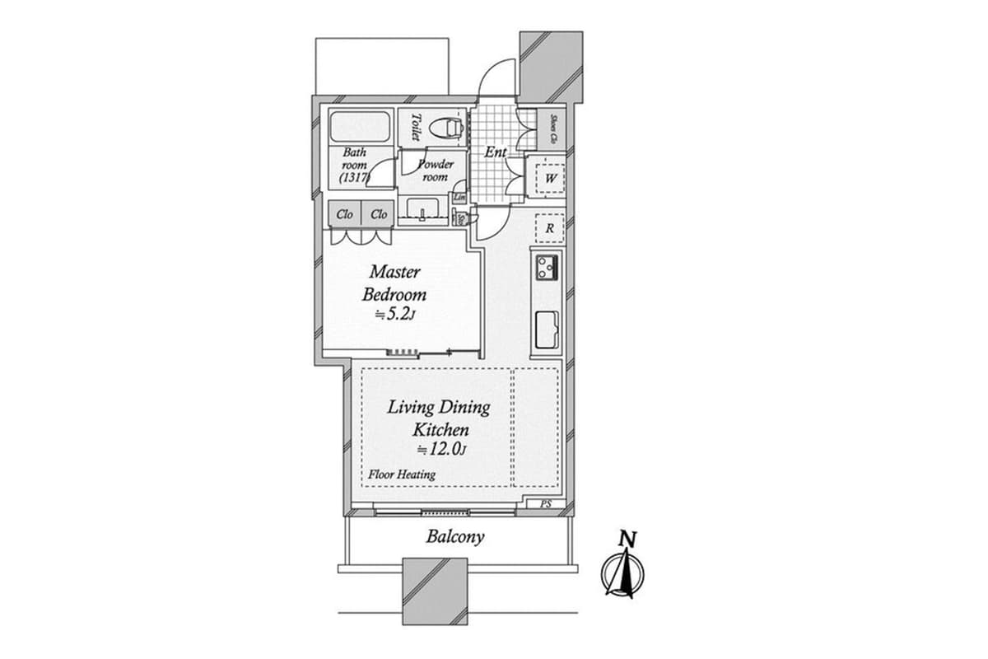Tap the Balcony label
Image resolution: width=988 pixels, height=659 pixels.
[454, 537]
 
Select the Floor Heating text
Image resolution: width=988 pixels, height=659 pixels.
[402, 474]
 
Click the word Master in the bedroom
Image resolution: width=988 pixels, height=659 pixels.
[395, 271]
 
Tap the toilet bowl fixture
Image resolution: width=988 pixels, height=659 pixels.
[448, 129]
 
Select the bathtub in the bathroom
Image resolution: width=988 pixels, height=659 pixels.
[359, 128]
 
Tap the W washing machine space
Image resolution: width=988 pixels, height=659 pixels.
[550, 177]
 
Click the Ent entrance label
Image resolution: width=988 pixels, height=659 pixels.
[495, 152]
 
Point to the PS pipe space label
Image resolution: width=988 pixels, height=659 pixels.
[545, 503]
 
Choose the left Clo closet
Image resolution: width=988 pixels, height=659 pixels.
[345, 214]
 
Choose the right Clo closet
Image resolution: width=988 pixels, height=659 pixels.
[379, 214]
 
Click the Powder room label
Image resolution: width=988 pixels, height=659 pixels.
[435, 171]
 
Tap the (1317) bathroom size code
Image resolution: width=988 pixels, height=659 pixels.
[356, 177]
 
